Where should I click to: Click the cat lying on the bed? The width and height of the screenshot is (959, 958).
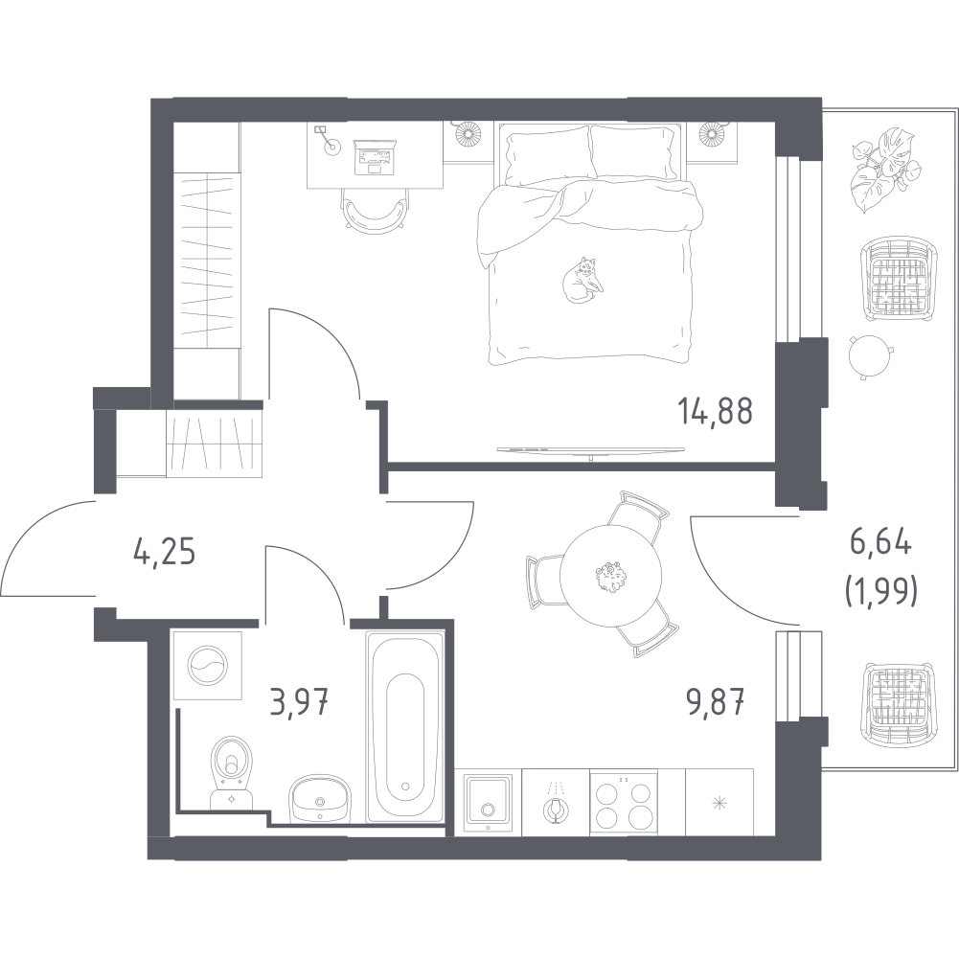582,280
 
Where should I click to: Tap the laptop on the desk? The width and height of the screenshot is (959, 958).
377,157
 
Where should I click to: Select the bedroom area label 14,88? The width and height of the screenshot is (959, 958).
715,411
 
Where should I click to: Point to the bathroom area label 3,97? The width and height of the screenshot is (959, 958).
300,701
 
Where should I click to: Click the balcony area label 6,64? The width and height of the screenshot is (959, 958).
880,543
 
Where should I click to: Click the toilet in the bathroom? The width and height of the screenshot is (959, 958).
231,771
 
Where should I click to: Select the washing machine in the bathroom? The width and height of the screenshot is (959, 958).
208,666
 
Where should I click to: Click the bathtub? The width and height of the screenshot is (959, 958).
405,727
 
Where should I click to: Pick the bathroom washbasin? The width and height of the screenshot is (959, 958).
319,797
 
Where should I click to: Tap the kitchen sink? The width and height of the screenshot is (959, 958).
488,803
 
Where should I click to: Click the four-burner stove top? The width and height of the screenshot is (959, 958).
624,803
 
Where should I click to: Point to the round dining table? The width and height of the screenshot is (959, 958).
610,576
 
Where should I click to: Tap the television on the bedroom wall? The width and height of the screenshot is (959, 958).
590,450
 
